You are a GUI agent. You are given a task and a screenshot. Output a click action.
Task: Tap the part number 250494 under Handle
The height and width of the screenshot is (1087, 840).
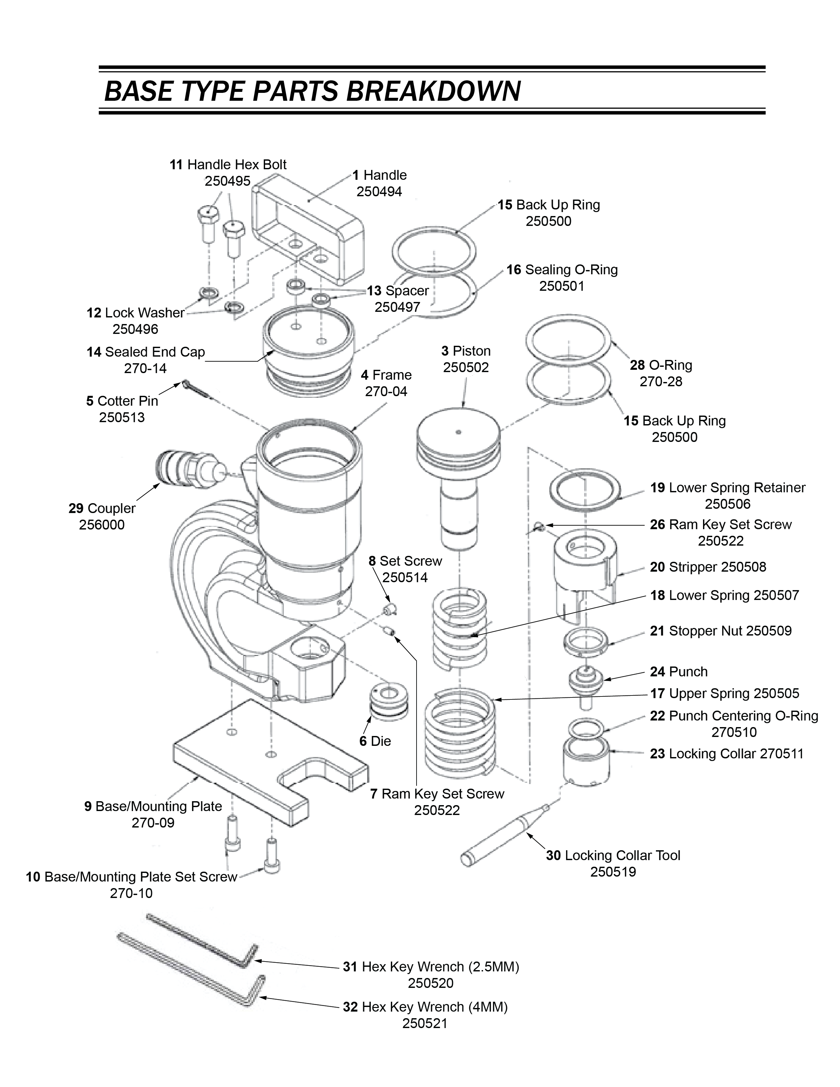point(379,192)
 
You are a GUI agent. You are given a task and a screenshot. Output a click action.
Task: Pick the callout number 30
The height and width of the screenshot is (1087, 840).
point(554,855)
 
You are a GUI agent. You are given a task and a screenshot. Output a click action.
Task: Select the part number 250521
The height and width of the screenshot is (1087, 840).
point(425,1023)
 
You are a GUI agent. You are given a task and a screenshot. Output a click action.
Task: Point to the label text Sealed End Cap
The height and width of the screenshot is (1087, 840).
point(155,352)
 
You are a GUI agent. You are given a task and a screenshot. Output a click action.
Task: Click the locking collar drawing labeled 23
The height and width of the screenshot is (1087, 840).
point(586,762)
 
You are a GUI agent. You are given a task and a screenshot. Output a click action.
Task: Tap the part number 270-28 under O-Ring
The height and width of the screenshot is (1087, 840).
point(661,382)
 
